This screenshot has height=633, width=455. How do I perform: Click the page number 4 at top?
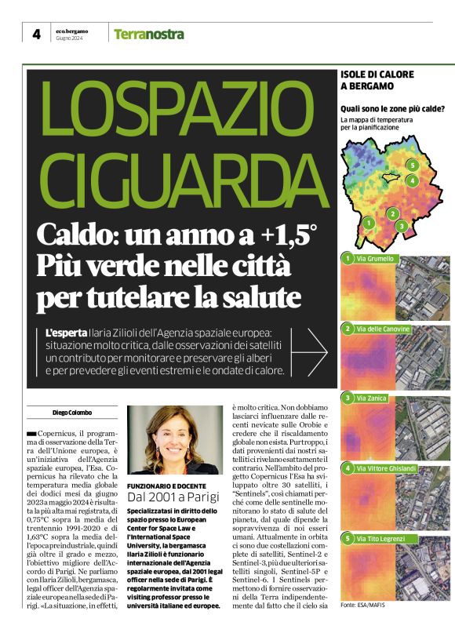pyautogui.click(x=36, y=34)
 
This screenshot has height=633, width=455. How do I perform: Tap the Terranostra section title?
pyautogui.click(x=149, y=35)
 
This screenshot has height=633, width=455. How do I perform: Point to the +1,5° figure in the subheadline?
pyautogui.click(x=287, y=235)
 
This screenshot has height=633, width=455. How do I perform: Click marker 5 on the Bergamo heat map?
pyautogui.click(x=411, y=165)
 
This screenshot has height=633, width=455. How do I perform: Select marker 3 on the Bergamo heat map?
pyautogui.click(x=402, y=226)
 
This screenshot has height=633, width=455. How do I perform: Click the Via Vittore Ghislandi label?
pyautogui.click(x=385, y=468)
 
